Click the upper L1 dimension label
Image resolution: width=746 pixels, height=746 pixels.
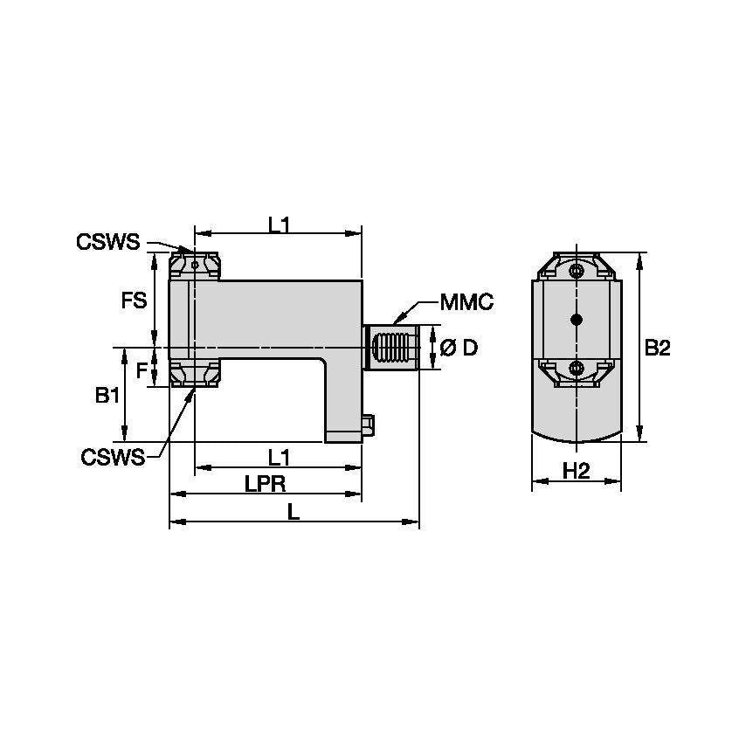[279, 224]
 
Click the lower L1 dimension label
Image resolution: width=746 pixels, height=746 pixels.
[279, 456]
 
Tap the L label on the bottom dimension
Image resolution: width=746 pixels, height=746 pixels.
[294, 513]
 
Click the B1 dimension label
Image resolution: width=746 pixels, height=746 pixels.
[107, 396]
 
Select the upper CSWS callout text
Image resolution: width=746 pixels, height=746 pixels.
[107, 242]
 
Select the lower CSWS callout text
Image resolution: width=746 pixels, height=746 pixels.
[113, 457]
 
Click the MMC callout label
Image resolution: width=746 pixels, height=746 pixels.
[466, 302]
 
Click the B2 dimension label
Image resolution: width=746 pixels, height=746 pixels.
[657, 348]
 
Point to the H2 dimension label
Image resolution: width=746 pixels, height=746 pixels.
[576, 471]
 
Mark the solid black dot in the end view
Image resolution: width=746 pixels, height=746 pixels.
[576, 318]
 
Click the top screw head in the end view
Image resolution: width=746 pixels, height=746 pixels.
[576, 272]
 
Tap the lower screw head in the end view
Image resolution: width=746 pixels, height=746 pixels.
[576, 369]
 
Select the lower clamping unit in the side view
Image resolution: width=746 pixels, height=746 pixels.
[194, 374]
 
